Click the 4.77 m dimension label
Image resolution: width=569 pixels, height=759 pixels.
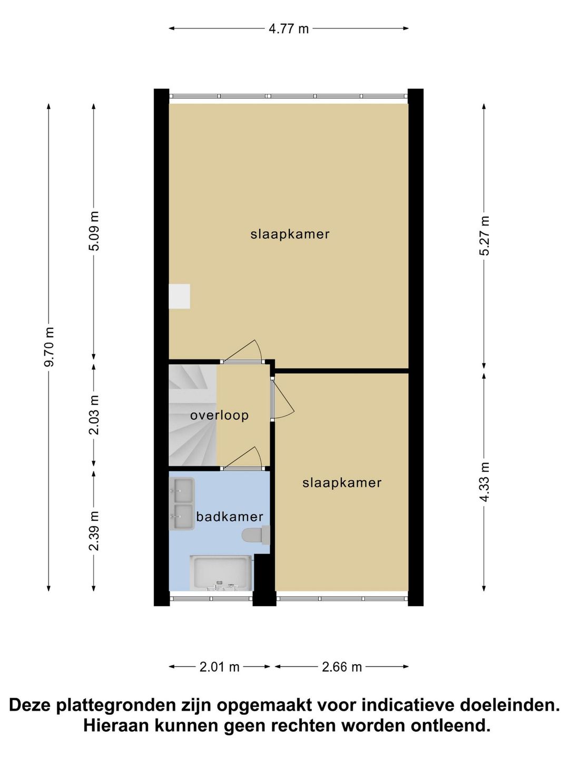click(x=289, y=28)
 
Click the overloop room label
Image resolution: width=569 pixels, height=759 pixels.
click(x=219, y=415)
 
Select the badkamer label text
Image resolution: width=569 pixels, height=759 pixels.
click(x=230, y=517)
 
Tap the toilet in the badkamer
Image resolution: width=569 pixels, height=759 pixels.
click(x=256, y=535)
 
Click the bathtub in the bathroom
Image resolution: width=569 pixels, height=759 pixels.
click(x=221, y=573)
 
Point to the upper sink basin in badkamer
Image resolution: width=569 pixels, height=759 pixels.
click(x=182, y=490)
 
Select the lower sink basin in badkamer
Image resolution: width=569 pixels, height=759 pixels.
click(x=182, y=517)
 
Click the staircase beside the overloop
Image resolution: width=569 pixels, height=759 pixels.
click(x=192, y=415)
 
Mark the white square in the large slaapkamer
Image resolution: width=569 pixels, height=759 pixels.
click(x=179, y=296)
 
